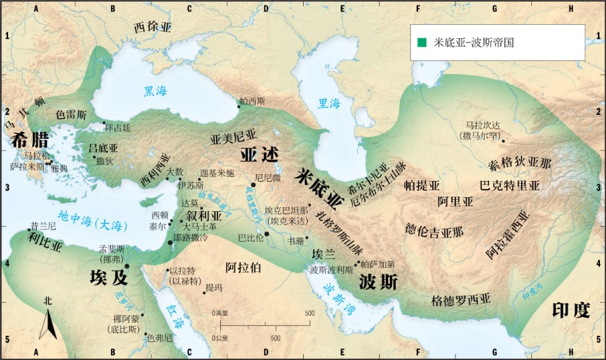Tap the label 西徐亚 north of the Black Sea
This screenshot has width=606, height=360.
[x=154, y=28]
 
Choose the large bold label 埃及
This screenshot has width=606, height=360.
[x=108, y=277]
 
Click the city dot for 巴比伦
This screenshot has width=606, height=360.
[x=267, y=233]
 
